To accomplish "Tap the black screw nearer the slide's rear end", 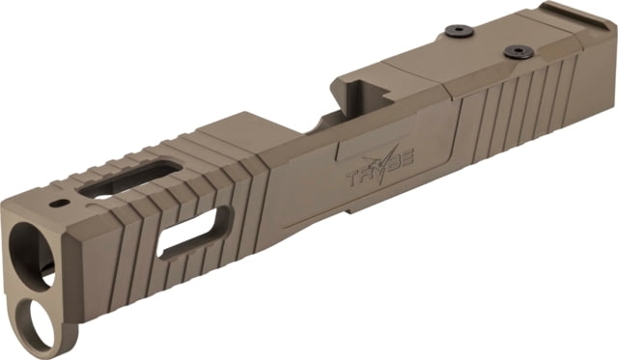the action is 517,52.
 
